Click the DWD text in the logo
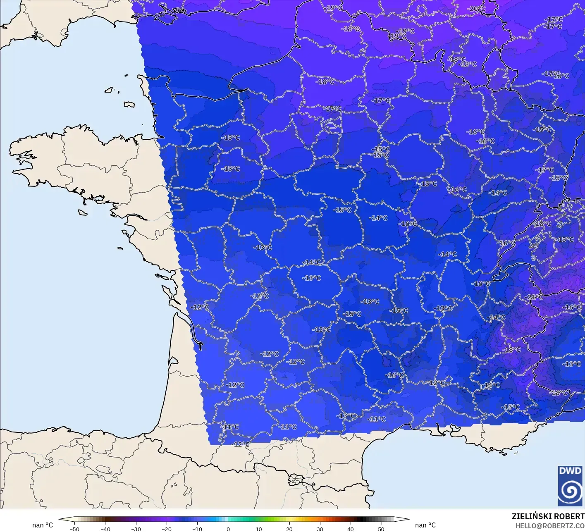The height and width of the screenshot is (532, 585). tap(570, 471)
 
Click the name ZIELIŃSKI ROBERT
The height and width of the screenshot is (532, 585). tap(548, 516)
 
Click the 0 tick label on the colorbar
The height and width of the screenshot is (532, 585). tap(228, 529)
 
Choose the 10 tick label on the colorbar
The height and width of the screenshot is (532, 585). tap(258, 529)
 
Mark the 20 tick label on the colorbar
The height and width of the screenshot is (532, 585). tap(289, 529)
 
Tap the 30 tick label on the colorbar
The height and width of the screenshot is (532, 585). tap(320, 529)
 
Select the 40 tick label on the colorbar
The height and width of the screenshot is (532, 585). tap(350, 529)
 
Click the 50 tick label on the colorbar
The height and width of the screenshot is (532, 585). tap(381, 529)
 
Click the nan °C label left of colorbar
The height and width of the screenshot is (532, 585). tap(43, 525)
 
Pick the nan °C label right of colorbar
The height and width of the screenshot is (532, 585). tap(425, 525)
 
